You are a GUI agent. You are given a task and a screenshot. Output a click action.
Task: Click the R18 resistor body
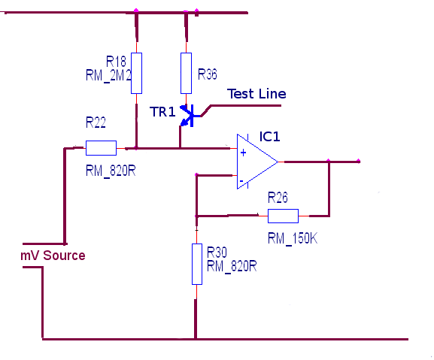(136, 73)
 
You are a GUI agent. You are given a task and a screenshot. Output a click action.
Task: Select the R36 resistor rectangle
(186, 73)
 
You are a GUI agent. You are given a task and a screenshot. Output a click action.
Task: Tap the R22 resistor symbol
(101, 148)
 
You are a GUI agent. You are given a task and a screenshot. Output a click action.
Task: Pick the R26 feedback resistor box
(283, 216)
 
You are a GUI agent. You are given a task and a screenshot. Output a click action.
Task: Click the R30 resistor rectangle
(197, 264)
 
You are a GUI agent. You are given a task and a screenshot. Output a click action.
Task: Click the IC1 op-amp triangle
(257, 162)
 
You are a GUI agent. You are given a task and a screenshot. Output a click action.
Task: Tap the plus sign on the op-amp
(243, 153)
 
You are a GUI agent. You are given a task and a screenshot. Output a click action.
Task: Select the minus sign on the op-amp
(241, 181)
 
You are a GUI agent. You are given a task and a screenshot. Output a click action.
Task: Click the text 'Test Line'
(256, 94)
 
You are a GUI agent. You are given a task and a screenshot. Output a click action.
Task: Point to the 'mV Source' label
(53, 256)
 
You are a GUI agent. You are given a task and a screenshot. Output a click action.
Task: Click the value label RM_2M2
(108, 75)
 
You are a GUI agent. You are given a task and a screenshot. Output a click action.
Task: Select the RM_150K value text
(293, 238)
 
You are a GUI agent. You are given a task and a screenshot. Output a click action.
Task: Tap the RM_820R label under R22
(111, 171)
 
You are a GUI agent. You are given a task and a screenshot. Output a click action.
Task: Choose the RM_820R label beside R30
(232, 266)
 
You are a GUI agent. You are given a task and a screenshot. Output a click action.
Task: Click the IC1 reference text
(269, 137)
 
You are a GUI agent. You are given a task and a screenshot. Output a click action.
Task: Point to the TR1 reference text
(162, 112)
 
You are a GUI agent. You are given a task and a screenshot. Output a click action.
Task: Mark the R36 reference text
(208, 74)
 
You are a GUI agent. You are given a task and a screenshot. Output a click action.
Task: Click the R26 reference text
(278, 198)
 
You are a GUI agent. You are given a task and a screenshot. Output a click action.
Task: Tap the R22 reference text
(96, 123)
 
